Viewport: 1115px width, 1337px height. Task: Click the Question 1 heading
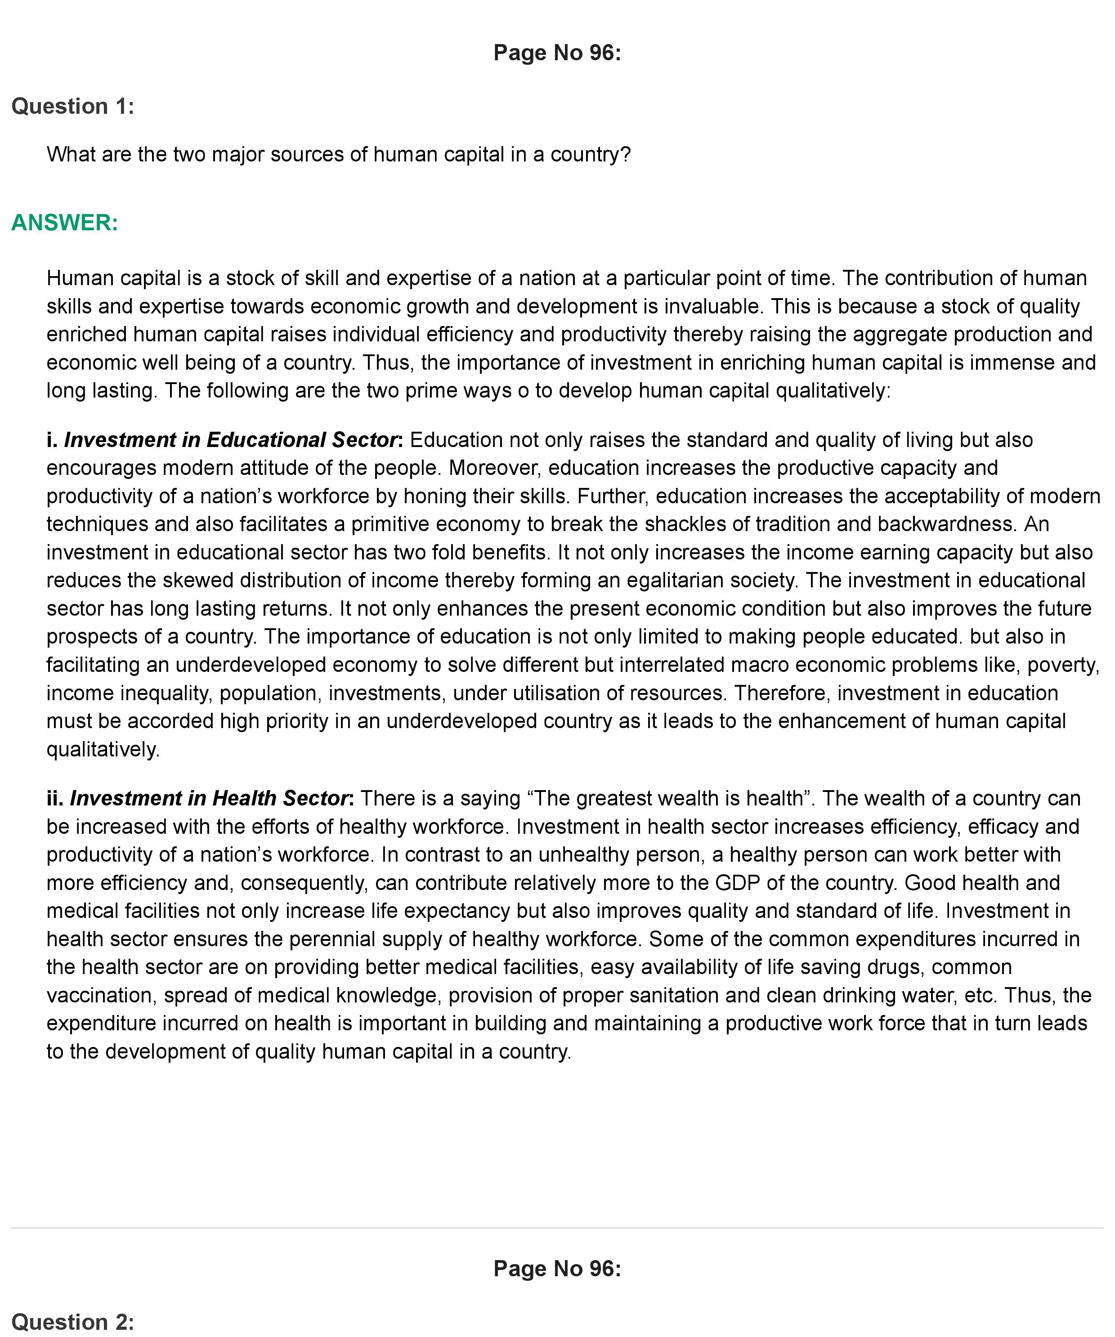[x=72, y=106]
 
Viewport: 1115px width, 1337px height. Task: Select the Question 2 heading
[x=72, y=1322]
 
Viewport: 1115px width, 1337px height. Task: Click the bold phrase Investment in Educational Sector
[x=231, y=440]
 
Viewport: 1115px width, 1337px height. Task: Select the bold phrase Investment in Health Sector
[x=210, y=798]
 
